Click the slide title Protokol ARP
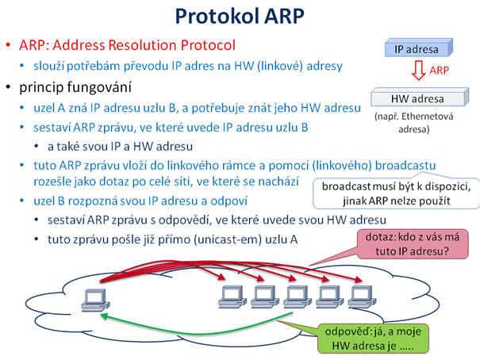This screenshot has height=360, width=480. (x=240, y=16)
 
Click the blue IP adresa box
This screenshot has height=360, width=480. (x=418, y=48)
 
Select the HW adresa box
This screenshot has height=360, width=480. (x=420, y=97)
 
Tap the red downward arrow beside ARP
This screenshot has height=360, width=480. (x=418, y=71)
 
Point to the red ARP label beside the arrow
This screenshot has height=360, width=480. (x=439, y=71)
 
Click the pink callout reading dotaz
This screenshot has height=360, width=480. (x=413, y=244)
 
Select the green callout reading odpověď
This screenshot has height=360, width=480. (x=373, y=339)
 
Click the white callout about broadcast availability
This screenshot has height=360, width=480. (x=396, y=193)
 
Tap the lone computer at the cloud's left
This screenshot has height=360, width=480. (x=95, y=300)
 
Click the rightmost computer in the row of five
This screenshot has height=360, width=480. (x=362, y=297)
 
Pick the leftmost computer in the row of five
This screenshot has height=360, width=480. (x=232, y=297)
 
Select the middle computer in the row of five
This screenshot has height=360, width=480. (x=298, y=297)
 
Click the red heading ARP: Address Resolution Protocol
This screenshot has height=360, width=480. (x=127, y=45)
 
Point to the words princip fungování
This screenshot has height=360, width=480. (x=75, y=87)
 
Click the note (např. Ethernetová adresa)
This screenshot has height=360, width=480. (x=414, y=123)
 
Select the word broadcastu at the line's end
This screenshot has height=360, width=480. (x=405, y=165)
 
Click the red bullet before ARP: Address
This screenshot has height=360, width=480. (x=8, y=45)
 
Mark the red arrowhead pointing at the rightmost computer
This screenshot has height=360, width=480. (x=359, y=280)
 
